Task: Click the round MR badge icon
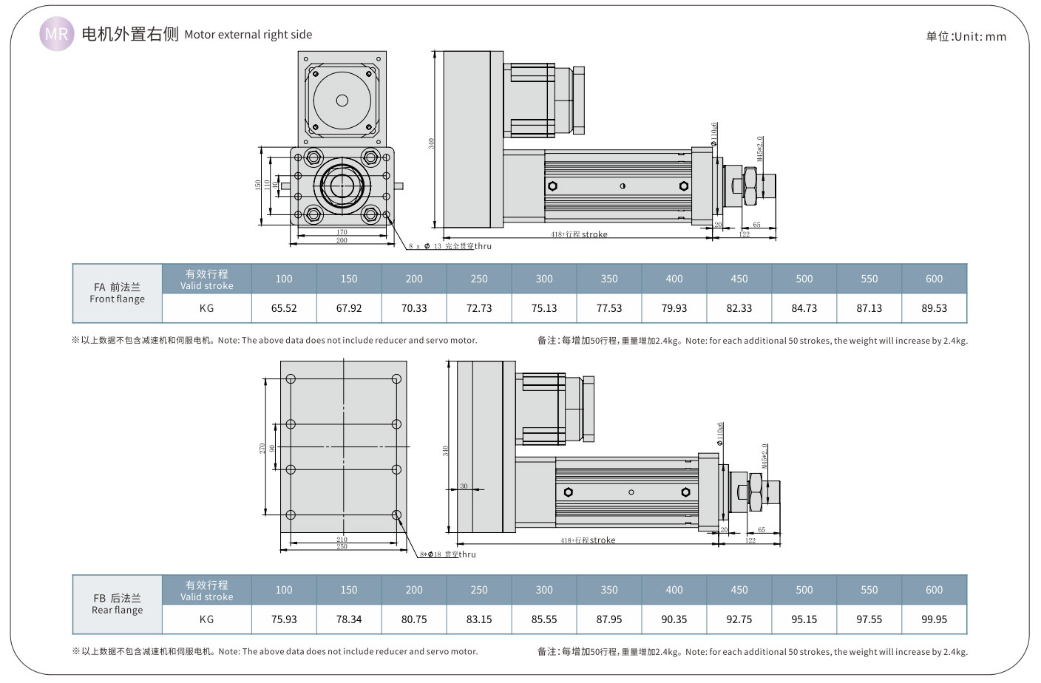pos(56,34)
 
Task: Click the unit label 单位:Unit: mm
pos(966,36)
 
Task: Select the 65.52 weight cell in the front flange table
pos(284,308)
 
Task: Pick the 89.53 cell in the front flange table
pos(934,308)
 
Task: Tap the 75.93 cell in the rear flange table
pos(284,619)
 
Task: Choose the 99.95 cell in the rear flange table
pos(934,619)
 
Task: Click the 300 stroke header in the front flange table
pos(544,279)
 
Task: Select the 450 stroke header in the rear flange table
pos(739,590)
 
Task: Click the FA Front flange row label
pos(117,293)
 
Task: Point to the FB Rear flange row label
pos(117,604)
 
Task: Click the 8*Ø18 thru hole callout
pos(448,554)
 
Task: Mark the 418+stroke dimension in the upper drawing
pos(579,234)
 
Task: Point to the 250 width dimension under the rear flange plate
pos(342,547)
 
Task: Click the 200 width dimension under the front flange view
pos(342,240)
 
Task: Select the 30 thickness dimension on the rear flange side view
pos(464,486)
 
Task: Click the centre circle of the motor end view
pos(342,101)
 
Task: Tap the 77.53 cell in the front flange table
pos(609,308)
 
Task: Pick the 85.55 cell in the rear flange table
pos(544,619)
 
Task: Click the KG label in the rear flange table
pos(206,619)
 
